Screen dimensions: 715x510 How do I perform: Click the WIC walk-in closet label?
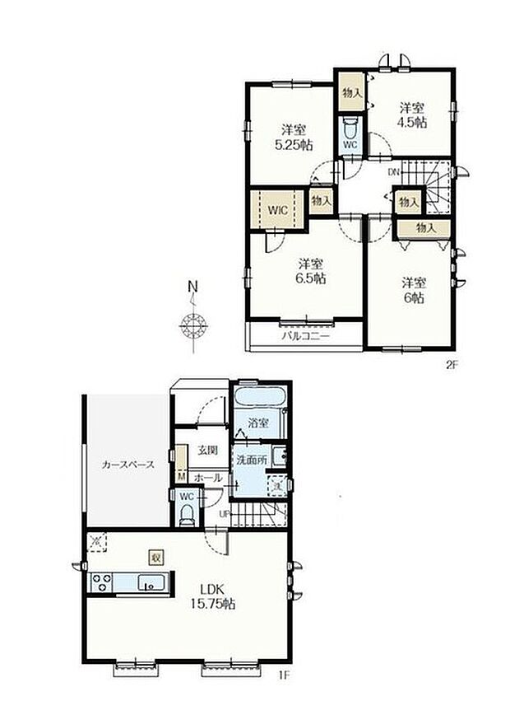[x=276, y=209]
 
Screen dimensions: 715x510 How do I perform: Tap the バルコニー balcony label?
[x=305, y=336]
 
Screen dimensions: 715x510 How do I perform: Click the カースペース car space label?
[x=128, y=465]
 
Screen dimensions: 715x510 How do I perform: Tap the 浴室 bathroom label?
[x=258, y=423]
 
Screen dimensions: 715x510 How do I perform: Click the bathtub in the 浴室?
[x=258, y=398]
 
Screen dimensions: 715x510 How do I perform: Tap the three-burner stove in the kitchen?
[x=102, y=583]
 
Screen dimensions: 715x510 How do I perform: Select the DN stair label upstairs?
[x=394, y=172]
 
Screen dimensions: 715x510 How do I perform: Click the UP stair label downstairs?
[x=224, y=515]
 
